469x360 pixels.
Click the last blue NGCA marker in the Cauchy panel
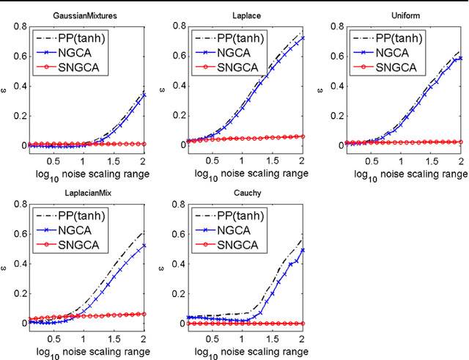point(300,250)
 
